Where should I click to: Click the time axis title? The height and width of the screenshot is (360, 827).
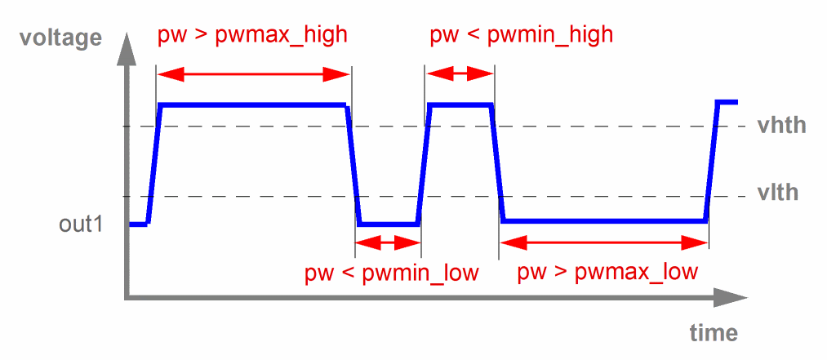coord(713,333)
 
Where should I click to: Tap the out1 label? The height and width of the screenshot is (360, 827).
coord(81,224)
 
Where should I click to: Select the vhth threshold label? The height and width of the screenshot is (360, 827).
coord(781,126)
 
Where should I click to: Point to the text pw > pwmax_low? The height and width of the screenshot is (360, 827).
coord(608,272)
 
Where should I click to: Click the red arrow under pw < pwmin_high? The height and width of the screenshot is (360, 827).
coord(460,74)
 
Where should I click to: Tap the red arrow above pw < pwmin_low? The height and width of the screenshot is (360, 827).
coord(388,242)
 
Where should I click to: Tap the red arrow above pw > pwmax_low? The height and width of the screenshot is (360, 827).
coord(603,242)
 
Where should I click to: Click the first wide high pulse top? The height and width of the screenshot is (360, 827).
coord(253,104)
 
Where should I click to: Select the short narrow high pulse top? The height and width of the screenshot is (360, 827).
coord(460,104)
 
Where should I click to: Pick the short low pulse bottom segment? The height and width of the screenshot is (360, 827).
coord(389,224)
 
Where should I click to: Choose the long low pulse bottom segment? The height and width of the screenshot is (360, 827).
coord(604,221)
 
